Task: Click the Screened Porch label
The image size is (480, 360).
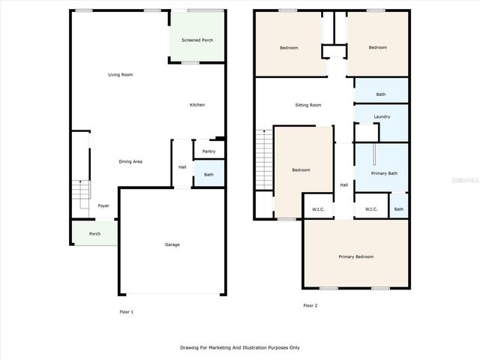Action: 196,39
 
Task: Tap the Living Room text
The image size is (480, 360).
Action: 120,74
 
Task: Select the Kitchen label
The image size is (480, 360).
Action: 196,104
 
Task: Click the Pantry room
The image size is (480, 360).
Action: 208,151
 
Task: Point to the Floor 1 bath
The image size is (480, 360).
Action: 208,175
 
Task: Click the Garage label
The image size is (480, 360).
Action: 172,244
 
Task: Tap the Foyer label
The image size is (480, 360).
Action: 103,205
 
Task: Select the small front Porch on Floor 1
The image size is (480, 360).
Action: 94,233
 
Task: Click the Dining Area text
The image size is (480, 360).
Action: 131,161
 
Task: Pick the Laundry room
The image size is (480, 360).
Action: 381,116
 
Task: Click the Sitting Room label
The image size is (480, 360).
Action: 307,105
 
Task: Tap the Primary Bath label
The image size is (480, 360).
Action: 384,173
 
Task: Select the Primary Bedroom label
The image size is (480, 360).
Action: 355,256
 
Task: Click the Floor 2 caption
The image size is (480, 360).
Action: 310,305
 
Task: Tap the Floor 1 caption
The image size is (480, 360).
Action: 126,311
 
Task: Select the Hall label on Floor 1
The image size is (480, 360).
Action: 182,166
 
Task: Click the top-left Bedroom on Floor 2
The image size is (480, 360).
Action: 289,48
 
